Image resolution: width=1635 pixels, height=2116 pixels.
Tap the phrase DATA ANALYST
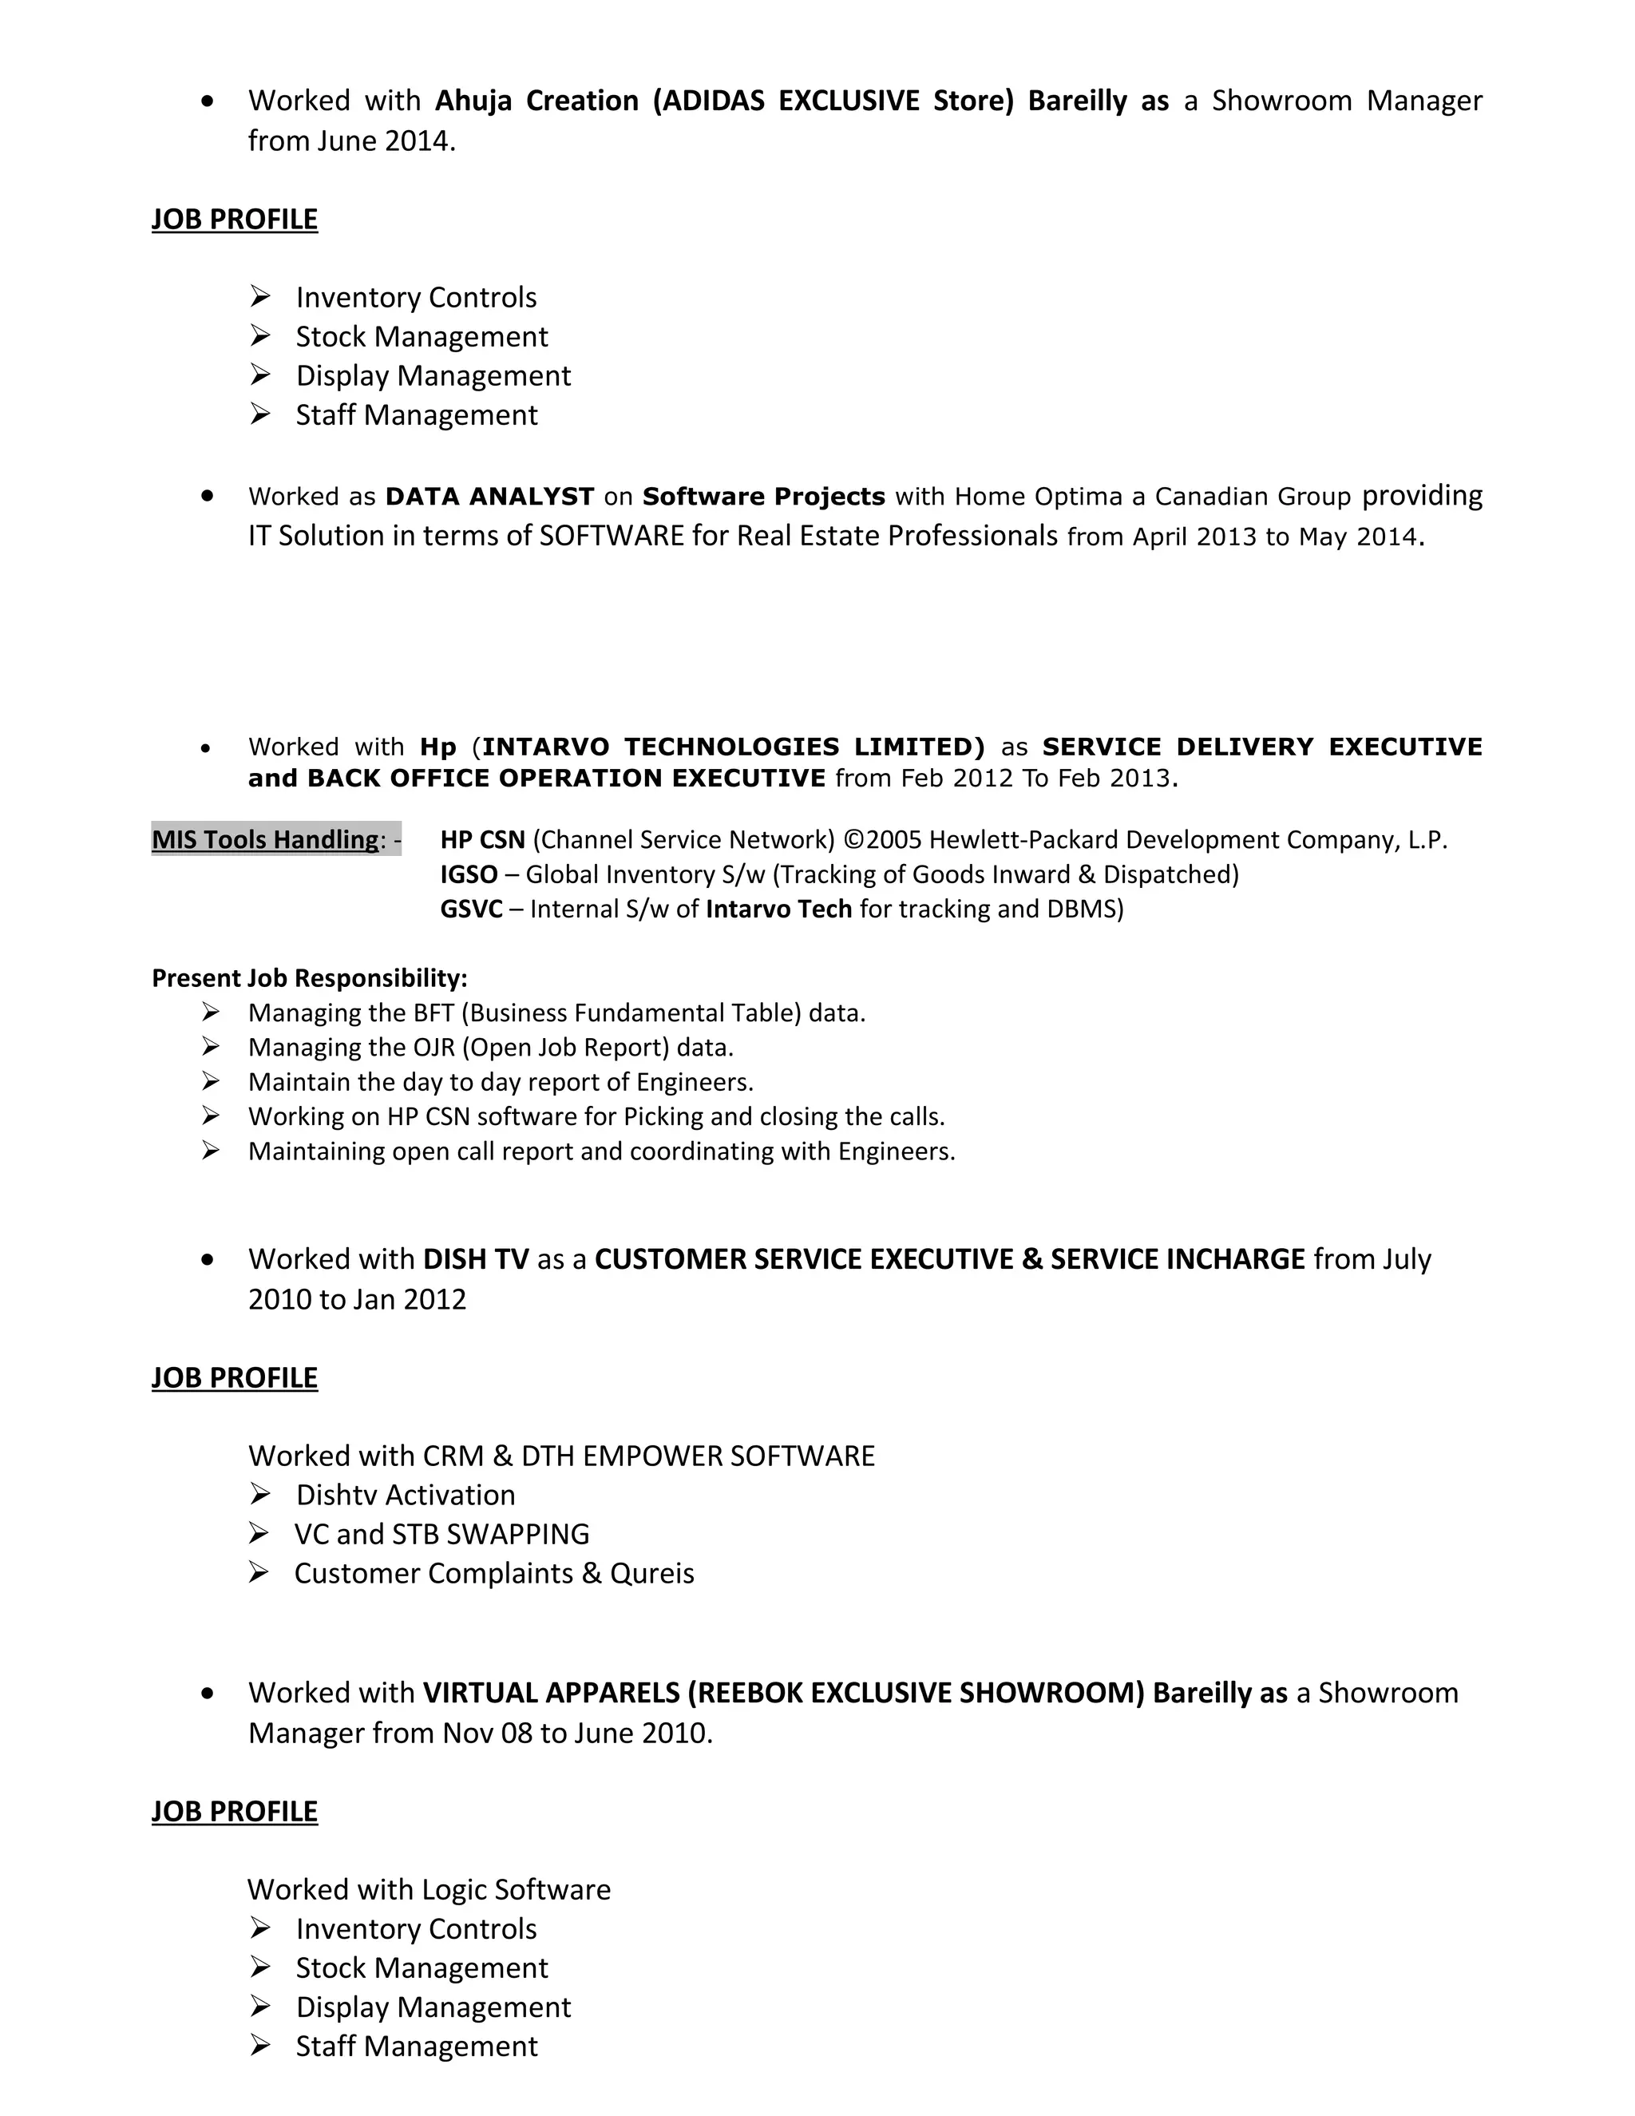click(x=489, y=497)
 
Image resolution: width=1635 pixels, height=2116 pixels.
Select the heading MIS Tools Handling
click(x=265, y=839)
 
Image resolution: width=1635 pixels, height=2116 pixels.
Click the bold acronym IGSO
click(x=469, y=875)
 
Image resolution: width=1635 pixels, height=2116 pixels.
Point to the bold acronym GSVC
click(x=472, y=909)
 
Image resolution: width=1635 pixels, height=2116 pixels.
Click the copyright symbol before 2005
click(x=854, y=840)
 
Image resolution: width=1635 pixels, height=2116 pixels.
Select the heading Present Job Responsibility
click(x=309, y=979)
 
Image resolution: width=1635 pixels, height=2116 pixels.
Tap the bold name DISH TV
click(x=477, y=1259)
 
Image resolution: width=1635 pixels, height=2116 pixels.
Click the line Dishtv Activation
click(x=405, y=1495)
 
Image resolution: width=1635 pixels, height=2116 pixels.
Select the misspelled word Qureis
click(x=652, y=1574)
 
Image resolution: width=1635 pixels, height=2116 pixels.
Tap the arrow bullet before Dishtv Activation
click(x=259, y=1495)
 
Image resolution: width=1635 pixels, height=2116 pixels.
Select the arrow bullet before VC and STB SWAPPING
click(x=259, y=1534)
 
